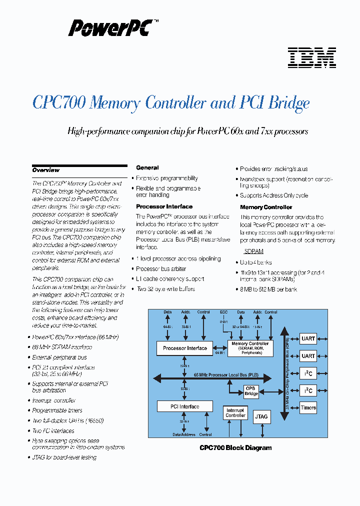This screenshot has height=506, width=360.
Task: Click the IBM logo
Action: coord(311,58)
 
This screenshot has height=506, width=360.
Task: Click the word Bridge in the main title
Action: coord(289,103)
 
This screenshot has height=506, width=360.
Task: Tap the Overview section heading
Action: coord(46,170)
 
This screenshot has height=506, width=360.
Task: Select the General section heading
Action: coord(147,168)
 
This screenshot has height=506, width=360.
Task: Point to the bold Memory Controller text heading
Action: coord(266,207)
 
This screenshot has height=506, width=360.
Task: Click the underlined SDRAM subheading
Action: coord(253,251)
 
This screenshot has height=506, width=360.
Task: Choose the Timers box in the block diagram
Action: coord(308,407)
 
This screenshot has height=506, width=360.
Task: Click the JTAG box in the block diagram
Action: coord(261,416)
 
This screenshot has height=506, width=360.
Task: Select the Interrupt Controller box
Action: coord(235,412)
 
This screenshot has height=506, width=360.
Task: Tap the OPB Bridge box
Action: coord(251,391)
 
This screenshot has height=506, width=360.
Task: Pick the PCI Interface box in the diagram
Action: coord(184,406)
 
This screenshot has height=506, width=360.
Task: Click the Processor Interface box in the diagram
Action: coord(185,348)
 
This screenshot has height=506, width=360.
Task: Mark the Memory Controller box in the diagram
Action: coord(250,348)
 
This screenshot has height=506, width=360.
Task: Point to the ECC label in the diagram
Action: coord(223,312)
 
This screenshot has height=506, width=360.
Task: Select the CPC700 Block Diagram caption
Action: coord(235,448)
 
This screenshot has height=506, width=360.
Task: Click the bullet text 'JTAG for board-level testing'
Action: coord(64,457)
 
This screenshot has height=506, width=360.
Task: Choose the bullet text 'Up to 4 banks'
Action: coord(256,262)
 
